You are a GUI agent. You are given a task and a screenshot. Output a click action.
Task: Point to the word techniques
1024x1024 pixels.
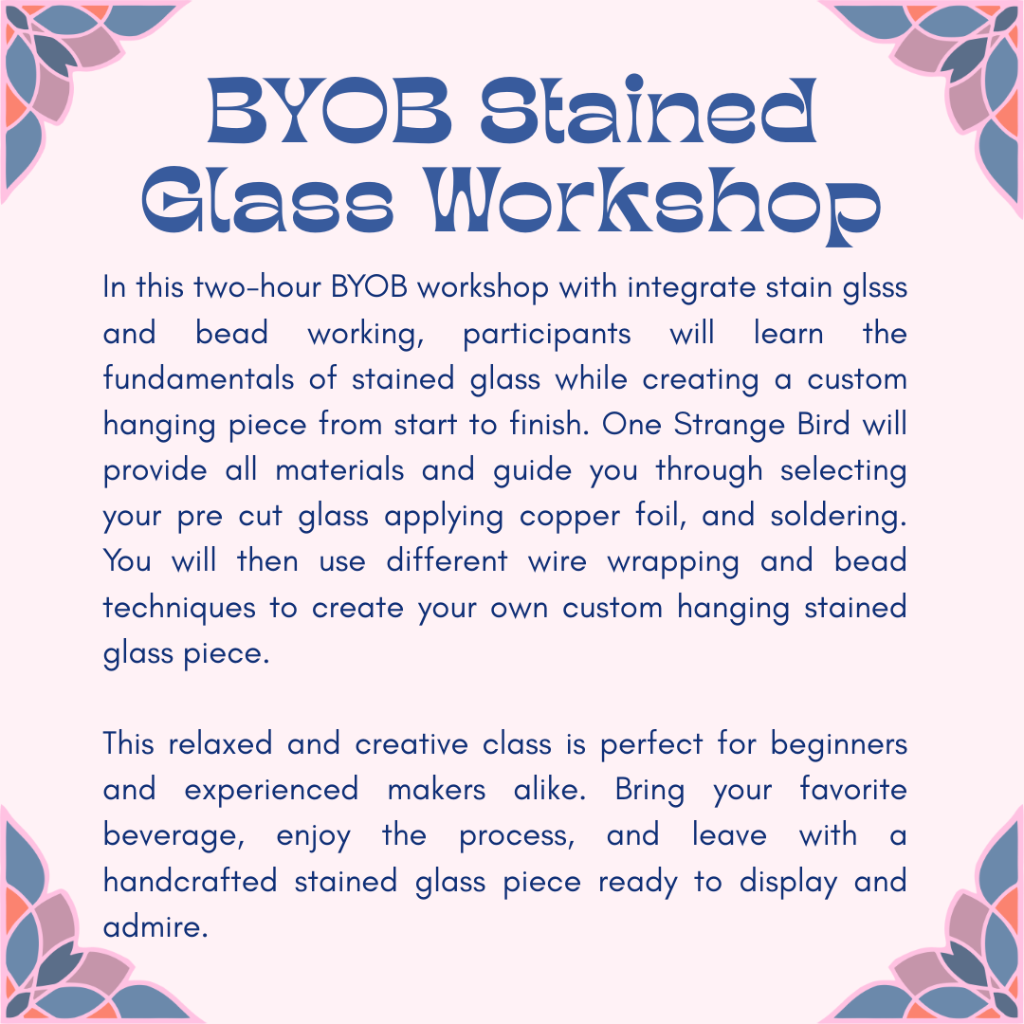click(180, 608)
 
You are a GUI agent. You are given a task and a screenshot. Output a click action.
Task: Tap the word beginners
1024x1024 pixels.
click(839, 744)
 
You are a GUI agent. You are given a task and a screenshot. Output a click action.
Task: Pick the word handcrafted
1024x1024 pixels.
click(190, 882)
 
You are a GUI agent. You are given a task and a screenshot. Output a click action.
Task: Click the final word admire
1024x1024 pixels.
click(155, 927)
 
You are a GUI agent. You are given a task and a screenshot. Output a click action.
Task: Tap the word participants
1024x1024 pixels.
click(547, 335)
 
